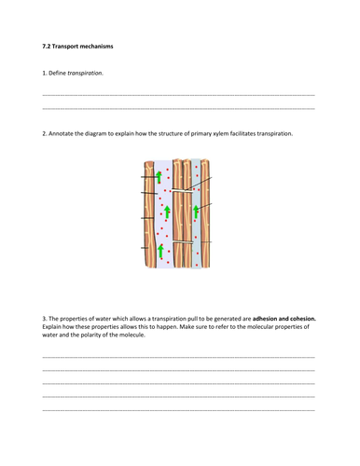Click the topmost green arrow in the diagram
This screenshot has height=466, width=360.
pyautogui.click(x=159, y=176)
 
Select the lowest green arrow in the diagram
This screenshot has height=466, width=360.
pyautogui.click(x=159, y=250)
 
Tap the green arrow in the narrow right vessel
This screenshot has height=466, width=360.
pyautogui.click(x=196, y=212)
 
